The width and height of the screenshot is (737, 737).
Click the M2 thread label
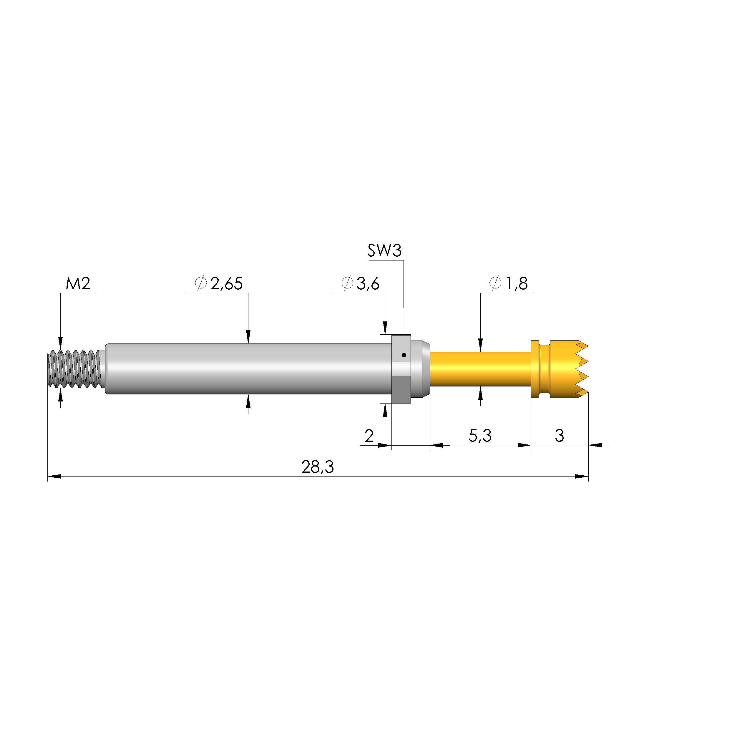[x=78, y=283]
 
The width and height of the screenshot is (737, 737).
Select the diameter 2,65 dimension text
[x=219, y=283]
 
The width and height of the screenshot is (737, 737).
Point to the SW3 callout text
[x=384, y=251]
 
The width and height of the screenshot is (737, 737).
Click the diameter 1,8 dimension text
[x=509, y=283]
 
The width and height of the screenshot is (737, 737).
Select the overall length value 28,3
[x=317, y=467]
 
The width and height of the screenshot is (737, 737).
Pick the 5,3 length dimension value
[x=480, y=436]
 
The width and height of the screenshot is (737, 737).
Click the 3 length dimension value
[x=559, y=436]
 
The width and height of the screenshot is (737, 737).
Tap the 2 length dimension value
[x=369, y=436]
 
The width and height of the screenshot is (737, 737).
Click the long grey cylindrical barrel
[x=248, y=369]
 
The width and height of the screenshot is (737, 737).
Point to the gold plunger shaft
[x=480, y=369]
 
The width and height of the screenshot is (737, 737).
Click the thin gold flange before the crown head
[x=535, y=369]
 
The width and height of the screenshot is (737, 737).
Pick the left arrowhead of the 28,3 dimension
[x=54, y=477]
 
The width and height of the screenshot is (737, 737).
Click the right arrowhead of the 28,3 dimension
[x=581, y=477]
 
